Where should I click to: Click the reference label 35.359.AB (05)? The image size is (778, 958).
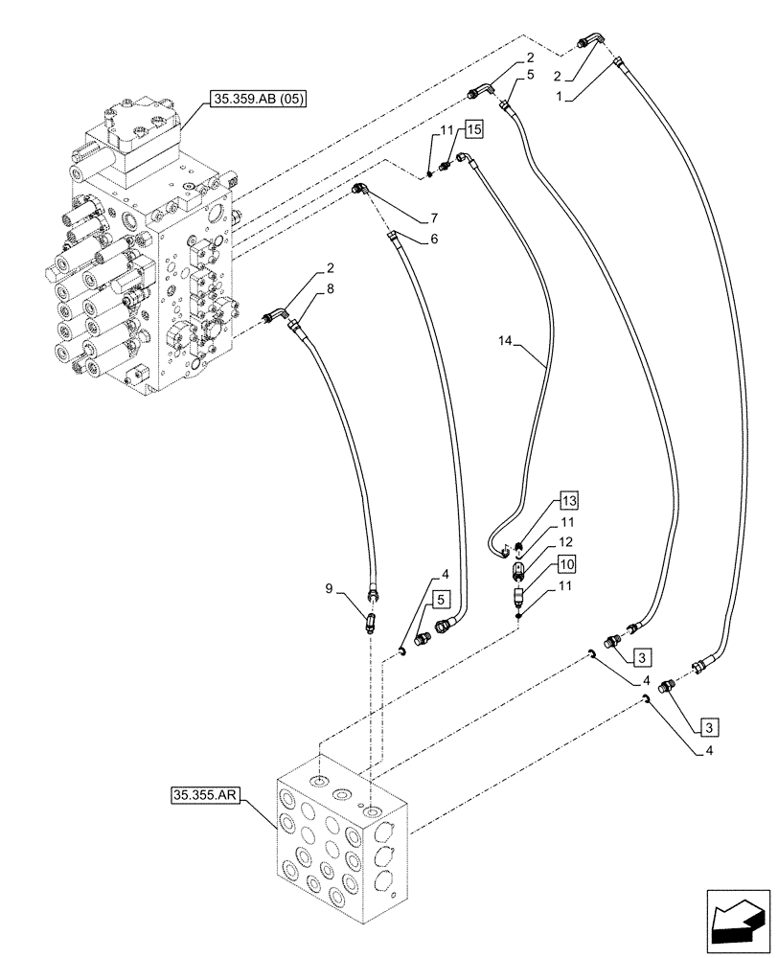click(x=254, y=99)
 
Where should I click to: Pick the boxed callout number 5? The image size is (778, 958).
click(x=439, y=599)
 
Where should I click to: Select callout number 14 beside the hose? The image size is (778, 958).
click(x=509, y=340)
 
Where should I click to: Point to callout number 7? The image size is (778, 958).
click(x=435, y=219)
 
